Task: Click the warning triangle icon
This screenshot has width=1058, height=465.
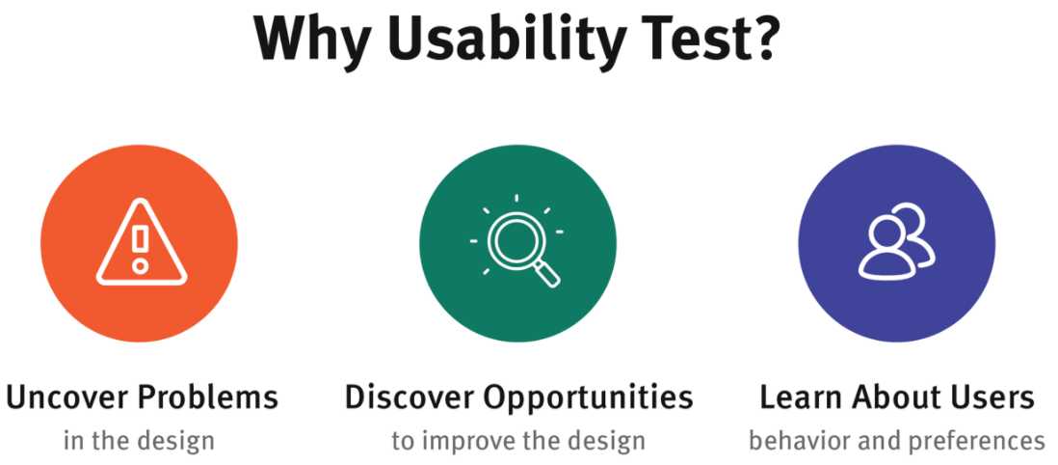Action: [141, 242]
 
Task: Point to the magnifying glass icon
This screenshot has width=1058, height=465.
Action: [516, 241]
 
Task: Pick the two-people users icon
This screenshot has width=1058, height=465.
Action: [897, 241]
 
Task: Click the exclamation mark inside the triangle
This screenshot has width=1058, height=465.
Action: [141, 249]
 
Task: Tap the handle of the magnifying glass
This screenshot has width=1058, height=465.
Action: [546, 273]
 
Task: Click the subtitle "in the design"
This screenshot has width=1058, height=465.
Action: [139, 441]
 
